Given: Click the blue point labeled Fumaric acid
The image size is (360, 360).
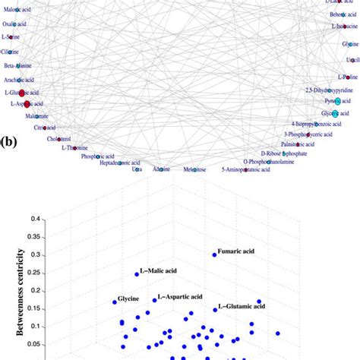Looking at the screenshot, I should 215,255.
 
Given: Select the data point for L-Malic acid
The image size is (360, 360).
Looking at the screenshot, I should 137,274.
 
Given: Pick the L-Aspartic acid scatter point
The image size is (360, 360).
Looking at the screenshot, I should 154,300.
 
